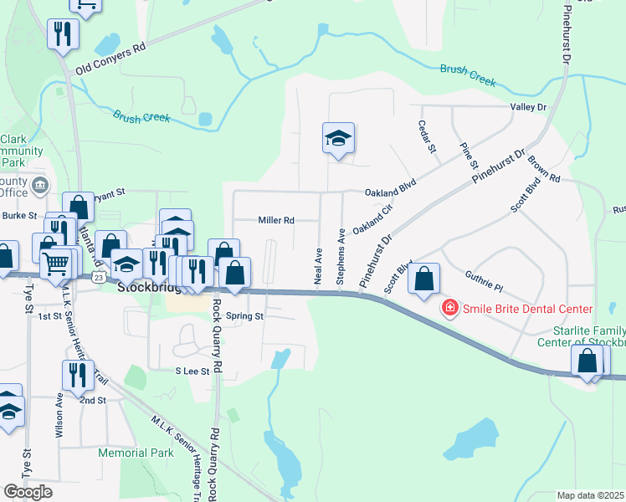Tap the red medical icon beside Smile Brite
click(450, 309)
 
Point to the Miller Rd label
click(276, 221)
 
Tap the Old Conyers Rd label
click(110, 59)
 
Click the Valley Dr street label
click(528, 107)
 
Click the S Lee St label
click(191, 371)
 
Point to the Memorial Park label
click(136, 453)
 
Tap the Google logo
click(28, 491)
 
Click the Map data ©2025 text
click(591, 495)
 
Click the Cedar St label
click(434, 136)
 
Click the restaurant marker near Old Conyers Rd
click(62, 36)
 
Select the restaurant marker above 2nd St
click(77, 376)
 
